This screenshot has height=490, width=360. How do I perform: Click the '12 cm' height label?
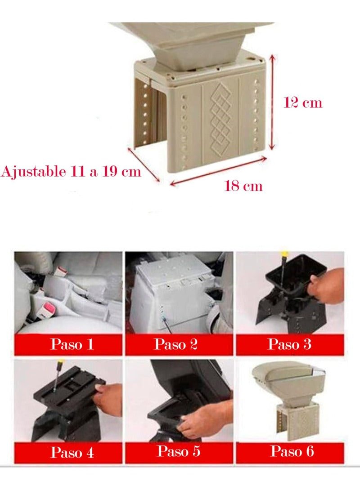(302, 102)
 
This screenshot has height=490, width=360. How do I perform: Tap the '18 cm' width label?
(243, 186)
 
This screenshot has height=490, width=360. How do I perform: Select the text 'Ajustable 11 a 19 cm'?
(71, 172)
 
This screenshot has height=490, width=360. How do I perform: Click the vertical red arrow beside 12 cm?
(272, 102)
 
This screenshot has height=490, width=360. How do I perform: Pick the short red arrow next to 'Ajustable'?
(144, 164)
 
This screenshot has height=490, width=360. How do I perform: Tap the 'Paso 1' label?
(72, 344)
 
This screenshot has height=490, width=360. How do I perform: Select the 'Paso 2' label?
(176, 344)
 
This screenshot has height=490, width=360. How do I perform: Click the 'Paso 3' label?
(290, 344)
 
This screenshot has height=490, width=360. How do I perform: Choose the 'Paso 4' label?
(72, 452)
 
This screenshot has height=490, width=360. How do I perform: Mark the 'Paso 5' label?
(179, 451)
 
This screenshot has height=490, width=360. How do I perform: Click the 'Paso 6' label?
(292, 451)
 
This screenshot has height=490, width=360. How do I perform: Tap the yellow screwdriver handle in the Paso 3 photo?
(284, 254)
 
